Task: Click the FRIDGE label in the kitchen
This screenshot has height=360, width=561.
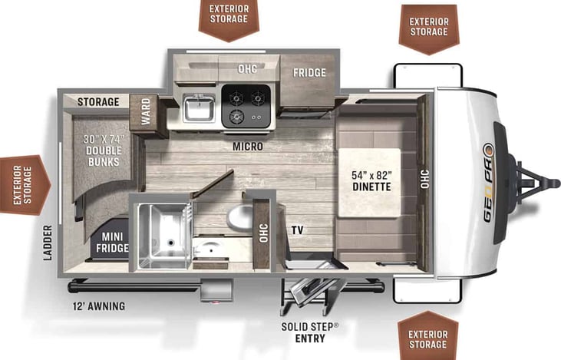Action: pyautogui.click(x=309, y=73)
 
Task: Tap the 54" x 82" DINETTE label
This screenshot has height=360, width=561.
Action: pyautogui.click(x=371, y=180)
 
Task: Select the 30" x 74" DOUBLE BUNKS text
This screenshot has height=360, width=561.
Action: pyautogui.click(x=104, y=145)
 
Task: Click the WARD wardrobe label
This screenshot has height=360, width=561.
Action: pyautogui.click(x=144, y=113)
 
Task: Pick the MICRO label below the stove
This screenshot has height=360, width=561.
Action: pyautogui.click(x=247, y=146)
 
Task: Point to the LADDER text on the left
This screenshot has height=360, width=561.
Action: pyautogui.click(x=48, y=243)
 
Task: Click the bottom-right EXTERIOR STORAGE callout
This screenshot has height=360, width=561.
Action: pyautogui.click(x=427, y=339)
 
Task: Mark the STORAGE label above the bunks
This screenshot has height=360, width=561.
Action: pyautogui.click(x=98, y=101)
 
